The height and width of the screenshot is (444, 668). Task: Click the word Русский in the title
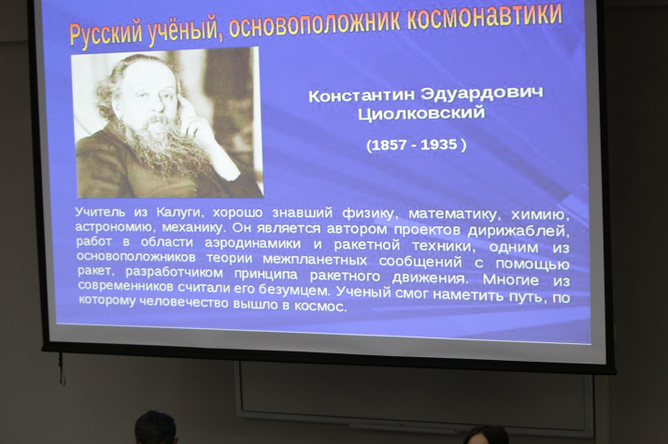click(106, 34)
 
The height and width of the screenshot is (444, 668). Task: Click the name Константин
click(362, 94)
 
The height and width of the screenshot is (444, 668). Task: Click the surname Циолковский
click(421, 113)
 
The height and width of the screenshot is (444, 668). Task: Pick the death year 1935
click(438, 145)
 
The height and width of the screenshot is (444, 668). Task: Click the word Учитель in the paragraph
click(100, 212)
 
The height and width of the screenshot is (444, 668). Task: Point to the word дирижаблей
click(519, 232)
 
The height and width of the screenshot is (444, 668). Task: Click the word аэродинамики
click(252, 244)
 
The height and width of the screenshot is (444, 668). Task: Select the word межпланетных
click(315, 260)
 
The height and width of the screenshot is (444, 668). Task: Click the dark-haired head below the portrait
click(155, 427)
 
